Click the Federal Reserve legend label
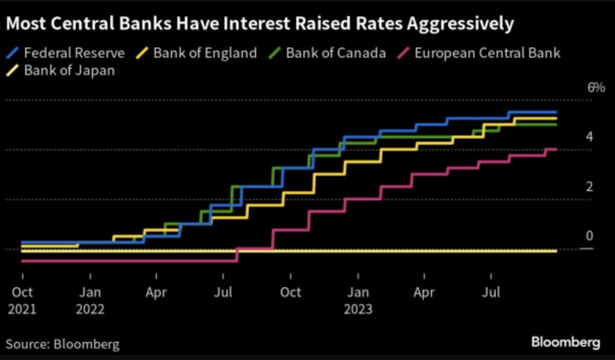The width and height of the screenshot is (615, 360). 74,53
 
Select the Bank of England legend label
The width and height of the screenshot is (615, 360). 205,53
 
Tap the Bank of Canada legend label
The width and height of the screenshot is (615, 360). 336,53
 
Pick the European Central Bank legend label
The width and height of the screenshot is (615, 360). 487,53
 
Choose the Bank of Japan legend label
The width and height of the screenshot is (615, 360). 69,70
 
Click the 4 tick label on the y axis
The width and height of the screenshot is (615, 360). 590,137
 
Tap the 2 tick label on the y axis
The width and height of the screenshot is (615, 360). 590,187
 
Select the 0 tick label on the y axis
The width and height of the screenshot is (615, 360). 590,236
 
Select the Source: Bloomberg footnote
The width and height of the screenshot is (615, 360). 63,345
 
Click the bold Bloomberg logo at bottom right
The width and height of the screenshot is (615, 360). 565,342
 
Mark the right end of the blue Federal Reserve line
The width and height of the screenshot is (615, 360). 556,112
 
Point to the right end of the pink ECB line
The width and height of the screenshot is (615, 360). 556,149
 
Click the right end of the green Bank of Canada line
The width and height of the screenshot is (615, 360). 556,124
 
